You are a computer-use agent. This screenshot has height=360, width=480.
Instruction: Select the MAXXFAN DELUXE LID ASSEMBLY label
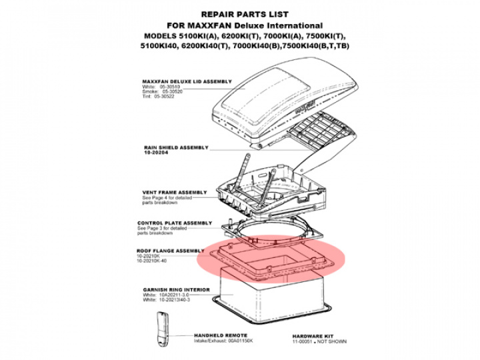pos(187,82)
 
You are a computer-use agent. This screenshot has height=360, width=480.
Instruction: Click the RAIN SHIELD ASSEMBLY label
pos(176,147)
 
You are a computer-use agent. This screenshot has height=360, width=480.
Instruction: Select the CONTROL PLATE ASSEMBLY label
pos(175,223)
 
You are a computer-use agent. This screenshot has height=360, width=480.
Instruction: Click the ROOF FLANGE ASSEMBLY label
pos(171,251)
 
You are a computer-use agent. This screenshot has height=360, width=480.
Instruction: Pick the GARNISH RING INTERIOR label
pos(176,290)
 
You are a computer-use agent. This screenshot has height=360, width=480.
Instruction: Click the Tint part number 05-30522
pos(162,96)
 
